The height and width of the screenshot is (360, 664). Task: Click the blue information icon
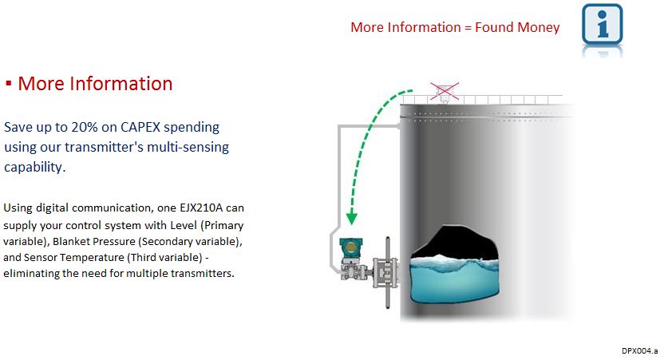[602, 24]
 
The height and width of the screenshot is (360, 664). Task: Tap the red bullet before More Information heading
[8, 84]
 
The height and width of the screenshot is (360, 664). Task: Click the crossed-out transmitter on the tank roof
[445, 92]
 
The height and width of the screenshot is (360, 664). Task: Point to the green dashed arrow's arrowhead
[351, 219]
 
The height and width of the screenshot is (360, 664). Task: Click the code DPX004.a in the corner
[639, 350]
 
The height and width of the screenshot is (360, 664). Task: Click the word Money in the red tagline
[539, 27]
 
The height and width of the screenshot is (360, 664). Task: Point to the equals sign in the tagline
[468, 27]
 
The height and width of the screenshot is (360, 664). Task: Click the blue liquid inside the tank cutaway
[454, 279]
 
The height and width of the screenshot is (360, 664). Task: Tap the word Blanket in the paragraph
[71, 241]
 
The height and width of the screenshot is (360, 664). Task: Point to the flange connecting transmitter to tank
[386, 272]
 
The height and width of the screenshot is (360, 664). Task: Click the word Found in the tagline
[494, 27]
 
